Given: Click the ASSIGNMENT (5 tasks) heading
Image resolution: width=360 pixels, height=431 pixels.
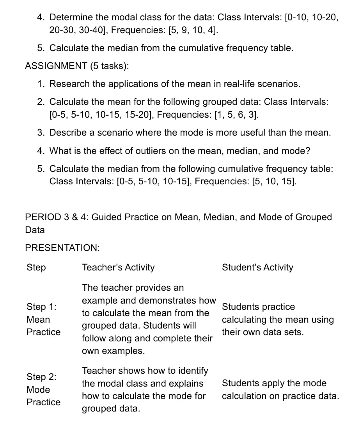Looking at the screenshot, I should [x=77, y=66].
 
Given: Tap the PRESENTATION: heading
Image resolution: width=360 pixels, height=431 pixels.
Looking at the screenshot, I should [x=62, y=248].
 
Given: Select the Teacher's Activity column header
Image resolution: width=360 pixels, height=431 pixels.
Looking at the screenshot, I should [x=118, y=267].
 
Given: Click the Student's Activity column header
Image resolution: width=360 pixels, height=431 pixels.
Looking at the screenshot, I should [x=257, y=267].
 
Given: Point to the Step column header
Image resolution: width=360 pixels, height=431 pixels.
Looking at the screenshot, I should [x=36, y=267].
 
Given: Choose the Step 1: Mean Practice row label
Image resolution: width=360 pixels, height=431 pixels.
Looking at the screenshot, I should [x=43, y=320].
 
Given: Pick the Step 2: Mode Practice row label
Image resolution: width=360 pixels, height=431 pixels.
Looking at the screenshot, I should [x=43, y=389].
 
